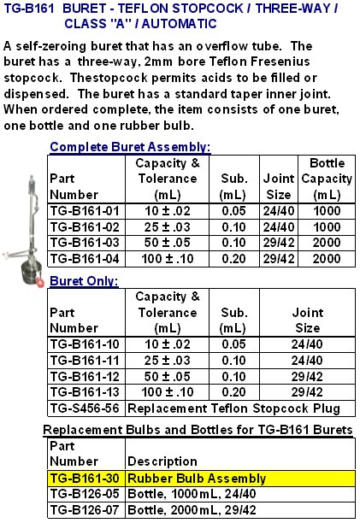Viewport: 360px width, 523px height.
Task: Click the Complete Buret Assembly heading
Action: point(130,146)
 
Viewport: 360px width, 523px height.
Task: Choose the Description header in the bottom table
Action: point(162,462)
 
